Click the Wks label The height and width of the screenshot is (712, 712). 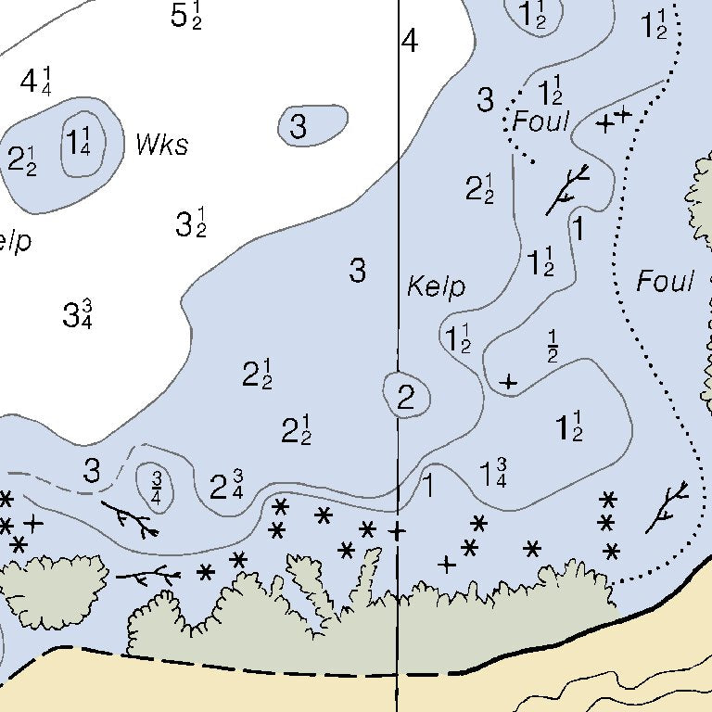(161, 146)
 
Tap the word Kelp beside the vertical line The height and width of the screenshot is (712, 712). (436, 287)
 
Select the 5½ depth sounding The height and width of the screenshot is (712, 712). (186, 16)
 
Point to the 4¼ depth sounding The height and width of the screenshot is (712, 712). (35, 82)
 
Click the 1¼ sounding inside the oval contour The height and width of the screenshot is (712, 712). (79, 144)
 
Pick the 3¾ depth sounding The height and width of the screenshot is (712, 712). (77, 314)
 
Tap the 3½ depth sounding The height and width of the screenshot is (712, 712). (190, 223)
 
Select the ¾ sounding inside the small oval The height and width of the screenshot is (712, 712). (157, 484)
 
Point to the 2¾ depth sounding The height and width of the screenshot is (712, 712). (226, 487)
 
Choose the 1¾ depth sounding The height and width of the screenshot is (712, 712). (493, 472)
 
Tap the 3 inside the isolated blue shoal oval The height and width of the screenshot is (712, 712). (298, 127)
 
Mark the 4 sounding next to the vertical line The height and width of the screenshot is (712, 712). (410, 42)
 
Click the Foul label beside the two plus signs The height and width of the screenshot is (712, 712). (540, 121)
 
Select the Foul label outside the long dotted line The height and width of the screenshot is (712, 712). (665, 282)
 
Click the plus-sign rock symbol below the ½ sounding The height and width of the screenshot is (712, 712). (508, 381)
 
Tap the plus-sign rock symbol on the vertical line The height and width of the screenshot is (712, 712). (397, 531)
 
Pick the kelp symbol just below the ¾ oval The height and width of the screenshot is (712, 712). (131, 519)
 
